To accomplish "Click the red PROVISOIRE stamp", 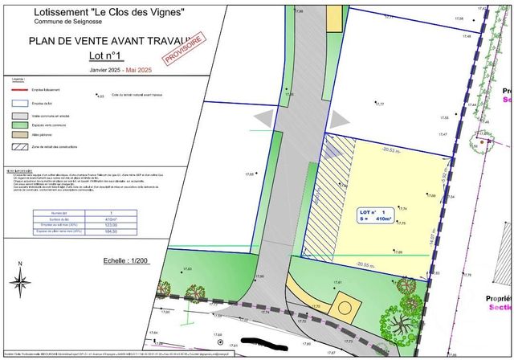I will pyautogui.click(x=182, y=47).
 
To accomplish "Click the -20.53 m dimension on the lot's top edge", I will pyautogui.click(x=393, y=149).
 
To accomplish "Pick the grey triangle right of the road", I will pyautogui.click(x=341, y=118).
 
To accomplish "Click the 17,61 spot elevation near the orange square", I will pyautogui.click(x=337, y=284).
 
